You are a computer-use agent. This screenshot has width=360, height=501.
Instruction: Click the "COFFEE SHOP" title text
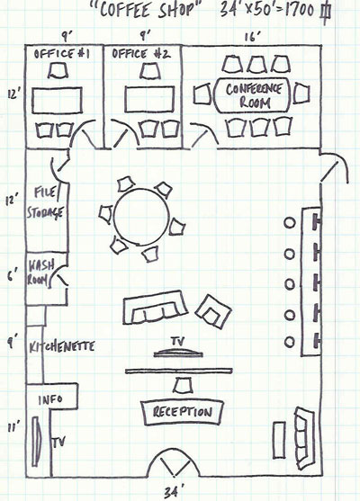[x=147, y=10]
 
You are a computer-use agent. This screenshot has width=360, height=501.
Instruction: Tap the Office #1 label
[x=62, y=54]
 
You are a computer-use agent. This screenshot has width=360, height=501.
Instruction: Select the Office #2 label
[x=140, y=54]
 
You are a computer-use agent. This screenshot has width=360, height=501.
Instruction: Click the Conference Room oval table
[x=252, y=95]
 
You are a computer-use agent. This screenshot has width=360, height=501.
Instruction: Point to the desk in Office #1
[x=57, y=100]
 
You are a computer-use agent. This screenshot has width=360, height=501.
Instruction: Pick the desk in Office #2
[x=149, y=99]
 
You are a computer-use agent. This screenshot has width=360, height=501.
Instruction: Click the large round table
[x=141, y=216]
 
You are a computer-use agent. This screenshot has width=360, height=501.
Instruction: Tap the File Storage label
[x=45, y=202]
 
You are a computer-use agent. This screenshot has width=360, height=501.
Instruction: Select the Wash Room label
[x=40, y=273]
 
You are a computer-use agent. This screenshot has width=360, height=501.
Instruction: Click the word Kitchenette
[x=62, y=346]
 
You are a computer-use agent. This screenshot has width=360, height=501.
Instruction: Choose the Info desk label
[x=50, y=399]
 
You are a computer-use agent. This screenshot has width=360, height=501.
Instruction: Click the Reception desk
[x=182, y=412]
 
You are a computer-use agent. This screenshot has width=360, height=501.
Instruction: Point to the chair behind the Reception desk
[x=184, y=385]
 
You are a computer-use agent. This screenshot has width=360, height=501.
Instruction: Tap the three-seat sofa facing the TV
[x=155, y=307]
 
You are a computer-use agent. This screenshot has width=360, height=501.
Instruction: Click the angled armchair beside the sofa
[x=213, y=311]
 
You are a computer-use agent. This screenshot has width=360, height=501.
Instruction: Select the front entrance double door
[x=174, y=462]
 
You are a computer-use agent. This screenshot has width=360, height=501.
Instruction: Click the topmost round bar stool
[x=290, y=223]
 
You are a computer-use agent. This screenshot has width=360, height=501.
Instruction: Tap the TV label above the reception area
[x=178, y=341]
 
